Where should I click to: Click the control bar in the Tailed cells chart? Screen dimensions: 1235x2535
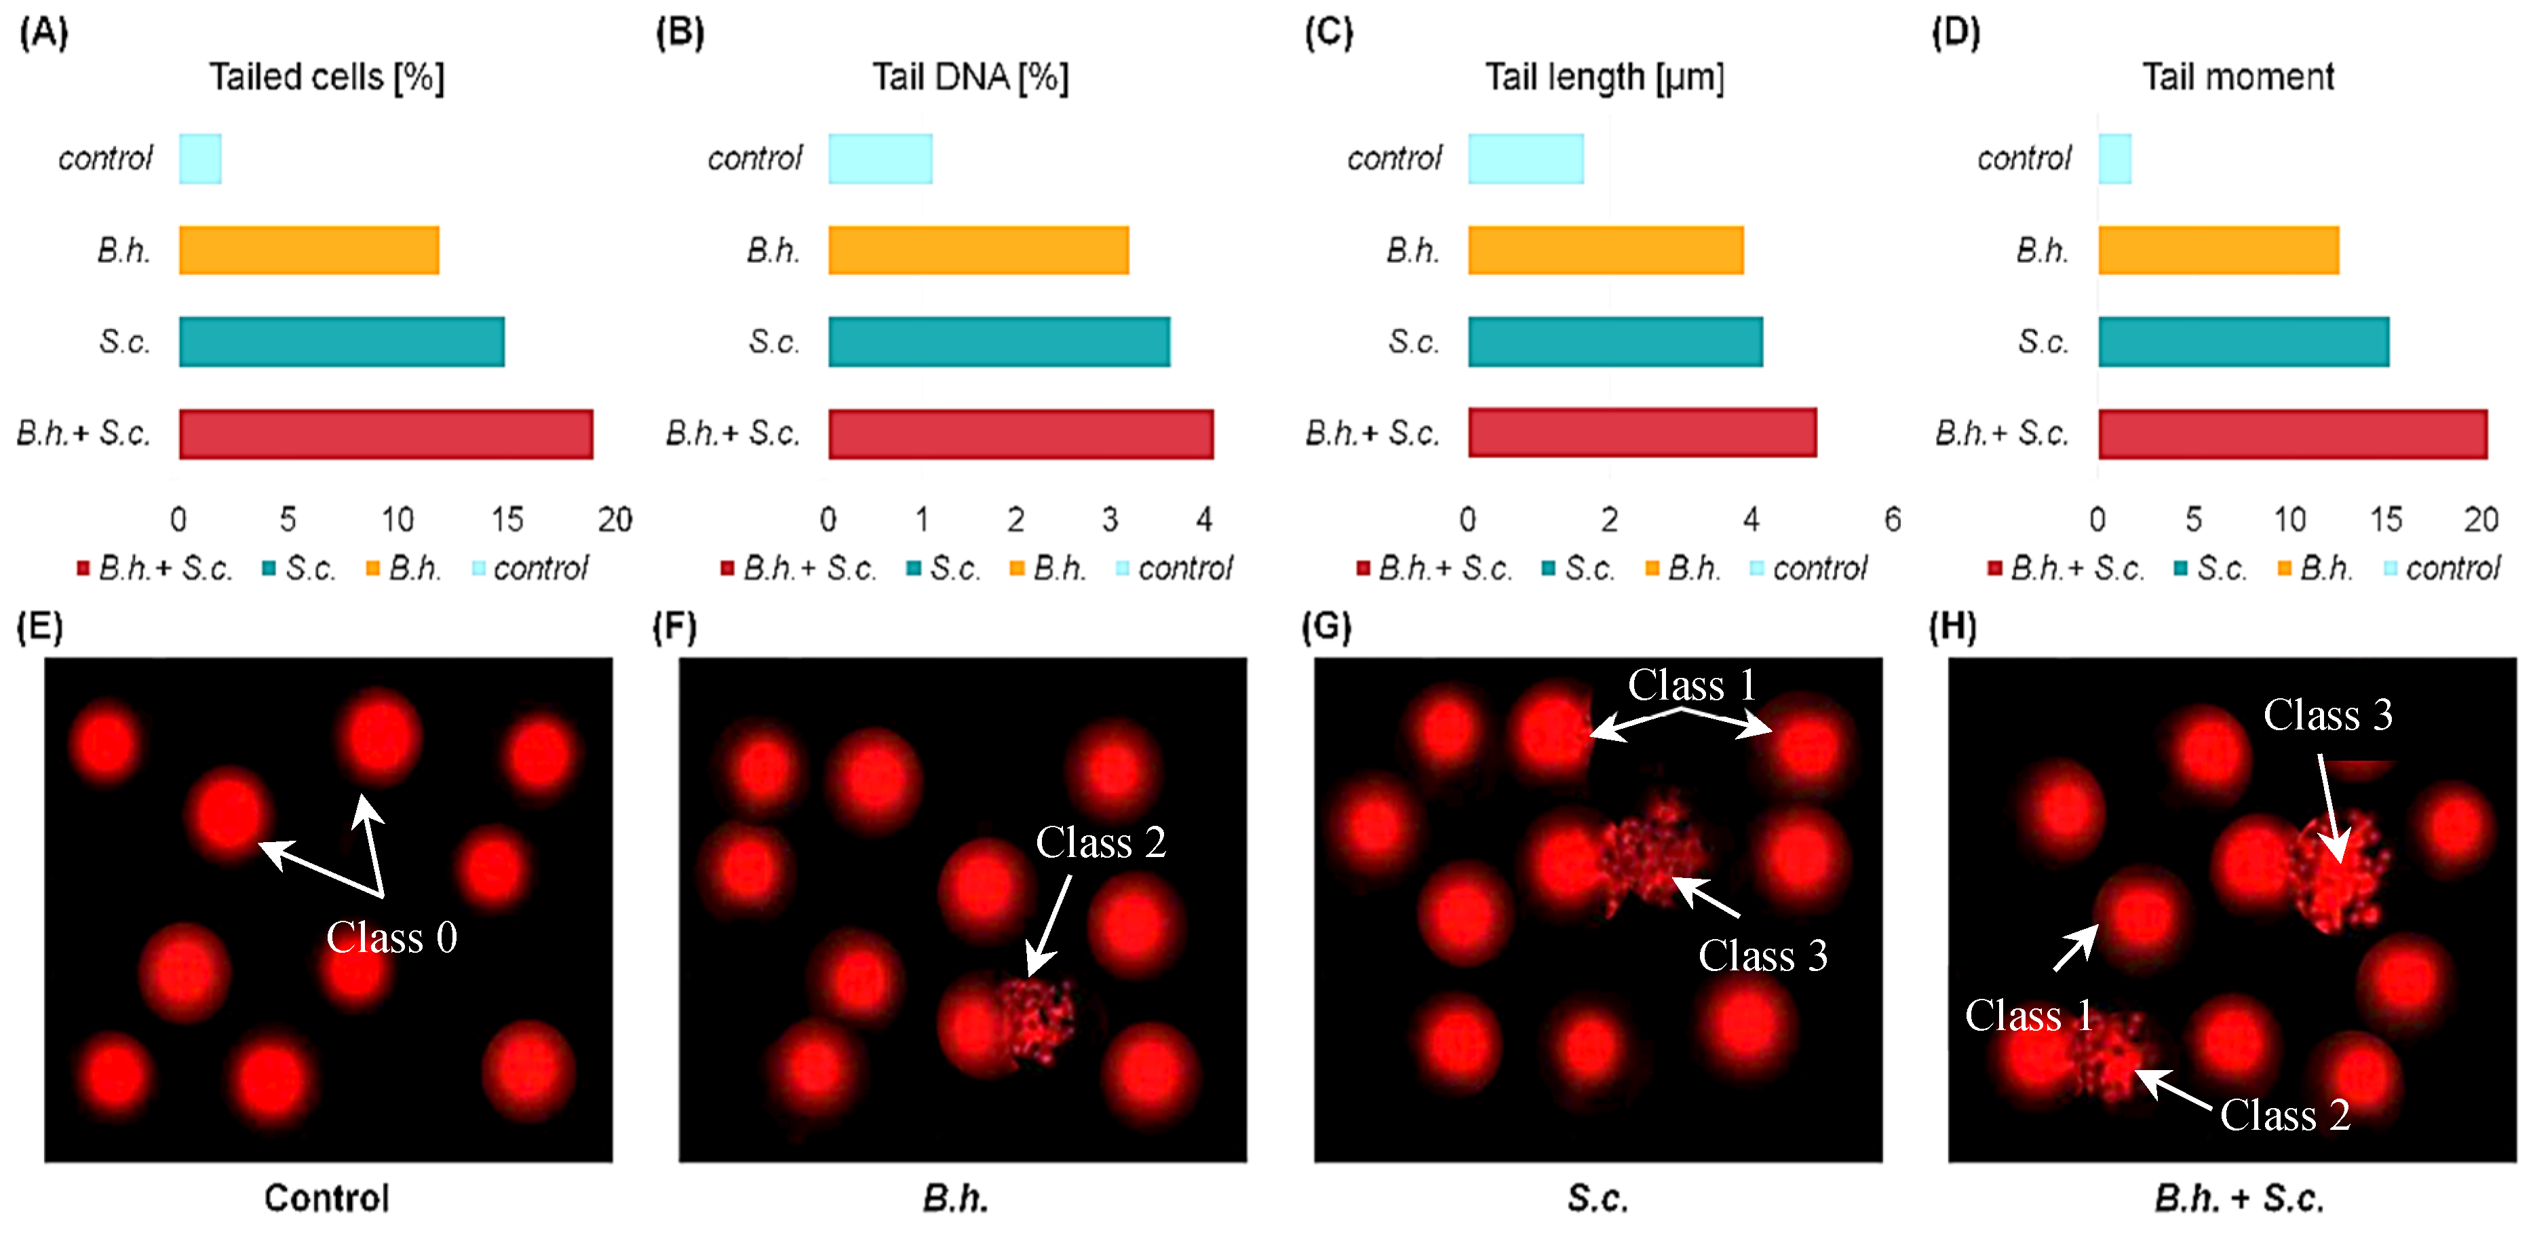[x=199, y=159]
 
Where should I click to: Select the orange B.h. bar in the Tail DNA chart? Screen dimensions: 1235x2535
[x=978, y=250]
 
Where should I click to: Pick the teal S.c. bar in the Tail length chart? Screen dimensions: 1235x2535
[x=1615, y=341]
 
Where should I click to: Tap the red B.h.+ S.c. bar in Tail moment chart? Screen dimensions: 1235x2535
[x=2292, y=434]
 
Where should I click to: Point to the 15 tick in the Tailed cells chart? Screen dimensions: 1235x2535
[x=507, y=518]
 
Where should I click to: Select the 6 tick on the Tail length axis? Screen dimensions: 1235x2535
[x=1891, y=518]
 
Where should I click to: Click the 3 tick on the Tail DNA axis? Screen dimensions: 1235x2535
[x=1109, y=518]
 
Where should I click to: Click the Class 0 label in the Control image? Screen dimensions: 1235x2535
[x=391, y=937]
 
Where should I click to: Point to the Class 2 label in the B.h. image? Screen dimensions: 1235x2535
[x=1100, y=842]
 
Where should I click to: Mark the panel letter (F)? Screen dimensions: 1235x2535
[x=675, y=627]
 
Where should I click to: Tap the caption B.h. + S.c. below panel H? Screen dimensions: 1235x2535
[x=2238, y=1198]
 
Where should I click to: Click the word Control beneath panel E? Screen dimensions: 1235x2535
[x=327, y=1198]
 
